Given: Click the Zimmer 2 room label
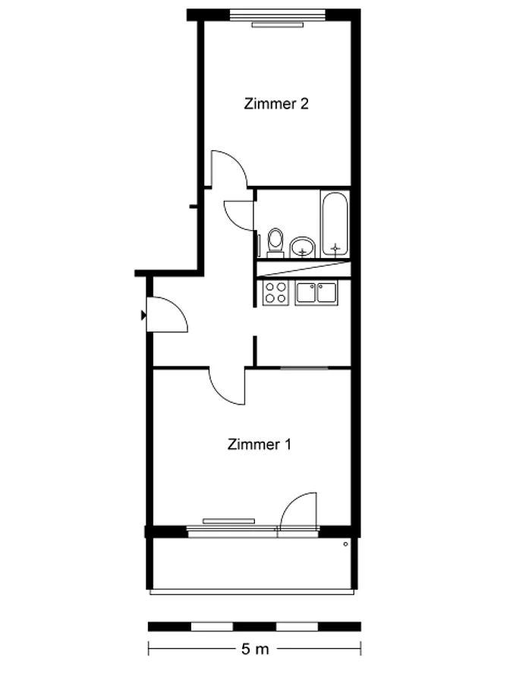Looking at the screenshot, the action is (x=276, y=104).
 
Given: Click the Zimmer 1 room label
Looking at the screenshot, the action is (x=259, y=444).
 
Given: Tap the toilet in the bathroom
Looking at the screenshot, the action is (x=275, y=242).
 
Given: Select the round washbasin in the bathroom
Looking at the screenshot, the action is (x=303, y=247).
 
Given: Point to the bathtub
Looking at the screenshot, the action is (x=335, y=224).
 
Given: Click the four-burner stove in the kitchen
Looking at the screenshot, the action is (x=275, y=293).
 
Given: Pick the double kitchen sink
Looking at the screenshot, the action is (x=316, y=293).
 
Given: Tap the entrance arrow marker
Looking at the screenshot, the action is (x=143, y=315).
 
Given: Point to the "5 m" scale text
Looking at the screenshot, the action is (x=255, y=649).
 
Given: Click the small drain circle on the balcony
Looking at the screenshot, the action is (x=345, y=544).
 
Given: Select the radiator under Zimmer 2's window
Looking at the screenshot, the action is (x=278, y=26).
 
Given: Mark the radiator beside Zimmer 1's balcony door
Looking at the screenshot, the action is (x=228, y=521).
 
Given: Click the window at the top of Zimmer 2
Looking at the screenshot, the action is (x=278, y=15).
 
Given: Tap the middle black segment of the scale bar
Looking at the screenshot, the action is (x=254, y=627).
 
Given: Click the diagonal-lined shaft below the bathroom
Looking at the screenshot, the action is (x=304, y=269).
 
